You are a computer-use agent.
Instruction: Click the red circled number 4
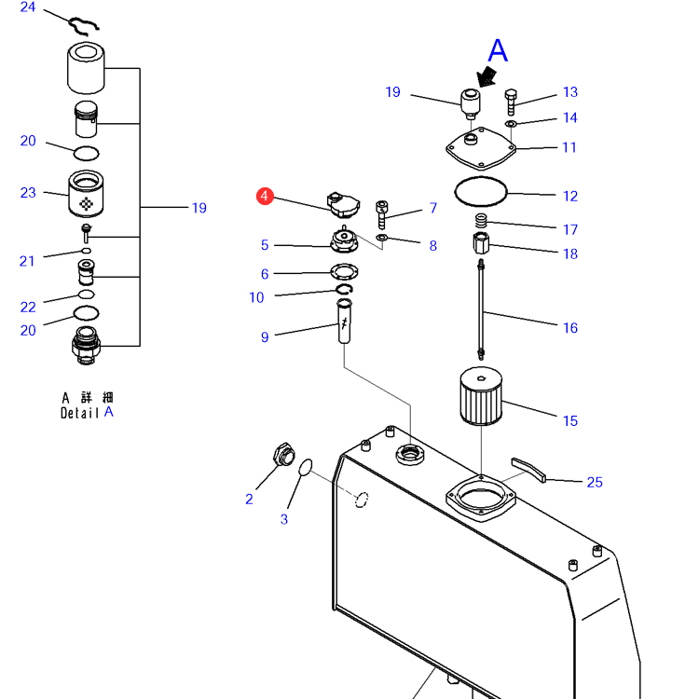[265, 196]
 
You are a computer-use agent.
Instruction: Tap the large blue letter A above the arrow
[499, 51]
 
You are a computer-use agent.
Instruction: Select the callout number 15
[569, 420]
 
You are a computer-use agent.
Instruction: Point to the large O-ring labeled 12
[481, 192]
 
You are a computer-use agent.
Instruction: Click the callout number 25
[595, 482]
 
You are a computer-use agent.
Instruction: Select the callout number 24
[28, 8]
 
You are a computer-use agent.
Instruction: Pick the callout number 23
[28, 193]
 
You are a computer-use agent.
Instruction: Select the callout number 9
[265, 336]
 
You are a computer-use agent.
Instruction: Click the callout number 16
[569, 327]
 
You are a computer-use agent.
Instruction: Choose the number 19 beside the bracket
[199, 208]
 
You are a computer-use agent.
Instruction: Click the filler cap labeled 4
[338, 204]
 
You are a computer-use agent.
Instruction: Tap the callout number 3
[284, 519]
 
